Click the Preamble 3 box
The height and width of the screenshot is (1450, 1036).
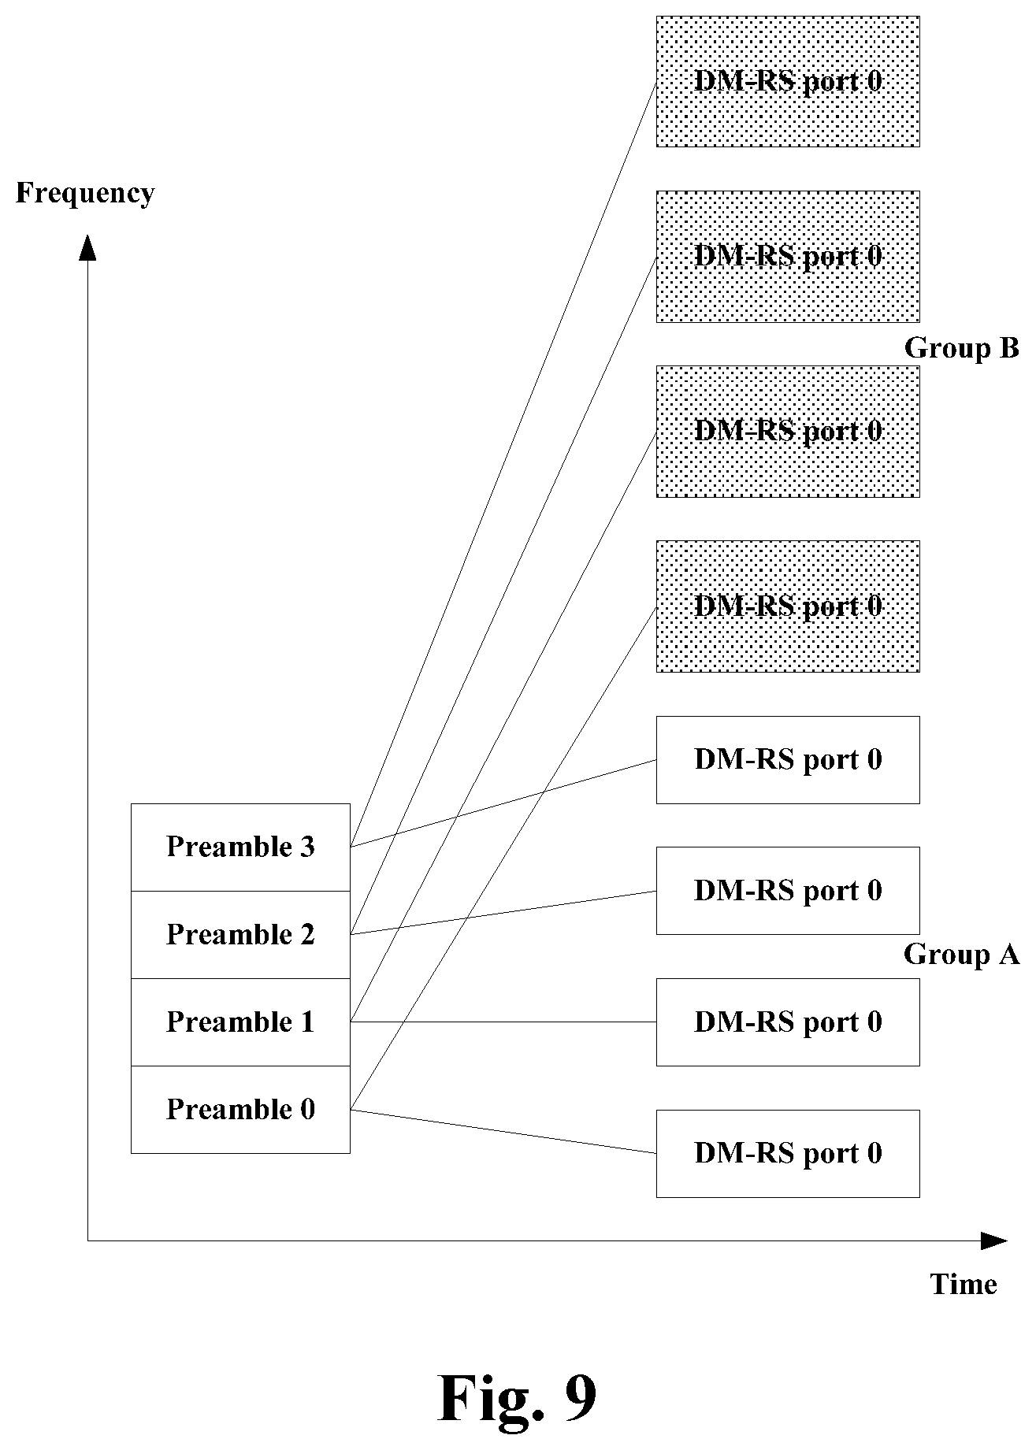(240, 847)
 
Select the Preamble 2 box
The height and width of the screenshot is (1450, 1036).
(240, 935)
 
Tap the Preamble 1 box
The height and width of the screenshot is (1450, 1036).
(240, 1022)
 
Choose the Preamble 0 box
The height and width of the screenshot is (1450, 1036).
(240, 1110)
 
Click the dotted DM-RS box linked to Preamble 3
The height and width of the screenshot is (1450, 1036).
(788, 81)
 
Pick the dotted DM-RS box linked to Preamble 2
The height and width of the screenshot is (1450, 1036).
(788, 256)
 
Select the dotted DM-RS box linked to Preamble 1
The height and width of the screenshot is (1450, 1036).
(788, 431)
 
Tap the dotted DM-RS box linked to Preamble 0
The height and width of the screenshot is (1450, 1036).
(788, 606)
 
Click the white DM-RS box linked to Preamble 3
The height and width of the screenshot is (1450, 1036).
(788, 760)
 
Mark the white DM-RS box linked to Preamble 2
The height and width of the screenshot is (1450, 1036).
(788, 891)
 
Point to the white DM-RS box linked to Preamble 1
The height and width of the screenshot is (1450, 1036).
(788, 1022)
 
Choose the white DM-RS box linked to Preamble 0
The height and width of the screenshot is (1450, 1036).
(788, 1154)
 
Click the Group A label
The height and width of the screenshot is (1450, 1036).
(962, 955)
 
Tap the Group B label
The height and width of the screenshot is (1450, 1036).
(962, 348)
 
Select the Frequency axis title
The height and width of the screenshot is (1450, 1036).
(85, 194)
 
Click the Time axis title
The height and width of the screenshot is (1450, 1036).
(964, 1285)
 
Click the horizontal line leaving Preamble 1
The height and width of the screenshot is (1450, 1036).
(503, 1022)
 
